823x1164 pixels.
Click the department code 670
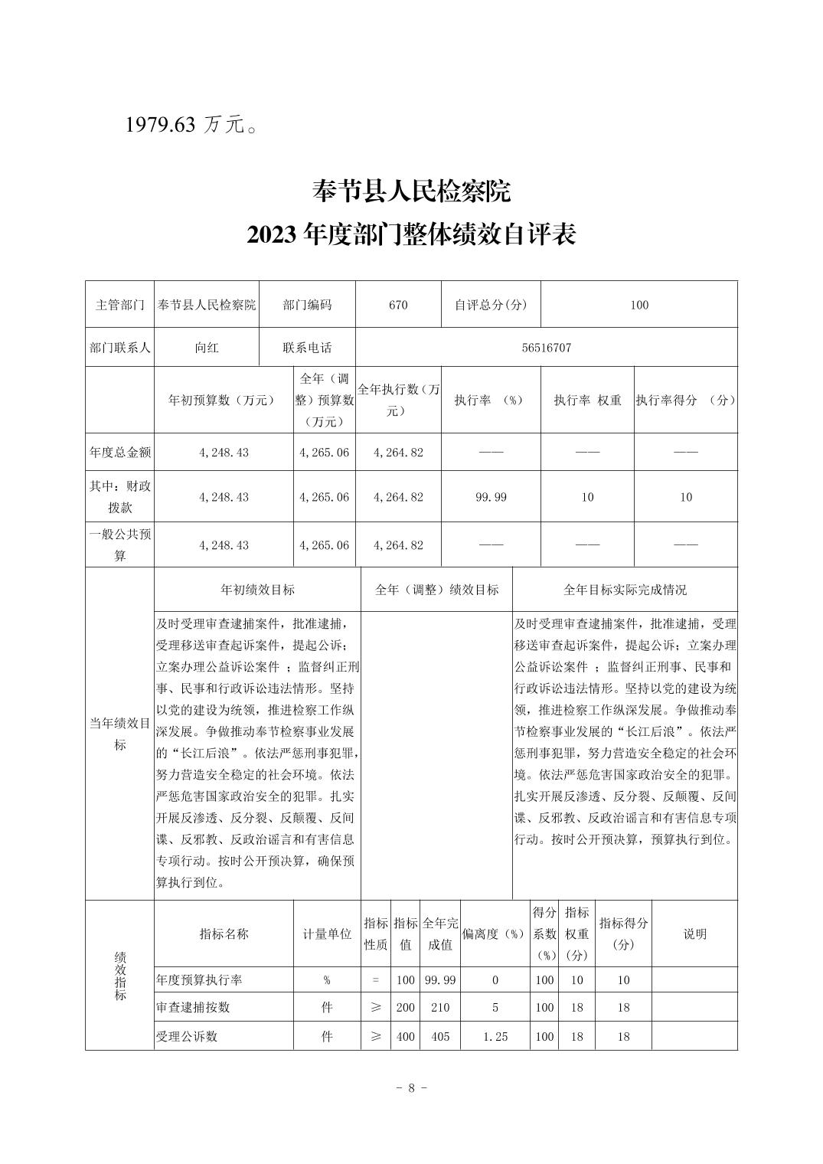click(x=398, y=305)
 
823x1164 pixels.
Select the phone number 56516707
click(x=546, y=348)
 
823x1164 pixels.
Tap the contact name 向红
click(x=207, y=348)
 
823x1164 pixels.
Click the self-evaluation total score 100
click(x=639, y=305)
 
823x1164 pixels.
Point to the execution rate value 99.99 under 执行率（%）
click(x=491, y=497)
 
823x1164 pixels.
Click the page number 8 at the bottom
click(x=411, y=1087)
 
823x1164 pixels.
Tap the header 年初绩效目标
click(x=257, y=590)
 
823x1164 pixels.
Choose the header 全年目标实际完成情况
click(x=625, y=590)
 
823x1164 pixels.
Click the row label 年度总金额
click(x=120, y=453)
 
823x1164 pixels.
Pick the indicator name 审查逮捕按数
click(x=193, y=1008)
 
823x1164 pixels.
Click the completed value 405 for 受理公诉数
click(x=440, y=1036)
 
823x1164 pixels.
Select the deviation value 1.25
click(x=495, y=1036)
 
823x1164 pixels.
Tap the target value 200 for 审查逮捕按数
click(x=405, y=1008)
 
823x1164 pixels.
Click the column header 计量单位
click(x=327, y=933)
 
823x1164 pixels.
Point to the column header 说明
click(x=694, y=933)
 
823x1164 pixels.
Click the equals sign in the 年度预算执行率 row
click(x=375, y=980)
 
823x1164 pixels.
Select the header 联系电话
click(x=307, y=348)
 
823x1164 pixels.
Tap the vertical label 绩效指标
click(x=120, y=976)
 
